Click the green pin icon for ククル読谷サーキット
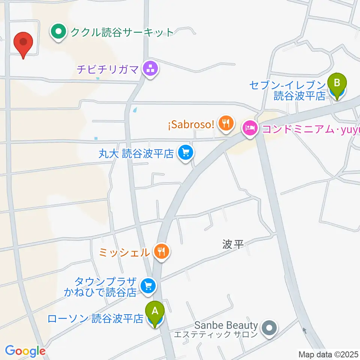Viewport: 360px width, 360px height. pos(58,32)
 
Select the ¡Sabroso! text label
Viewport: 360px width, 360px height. pos(190,124)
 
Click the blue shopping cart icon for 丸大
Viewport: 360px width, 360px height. pos(185,153)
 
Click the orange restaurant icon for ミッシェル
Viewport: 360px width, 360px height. pos(162,251)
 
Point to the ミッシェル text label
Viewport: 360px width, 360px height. pos(124,252)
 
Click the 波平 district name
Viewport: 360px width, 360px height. pos(233,245)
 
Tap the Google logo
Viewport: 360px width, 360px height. pos(25,351)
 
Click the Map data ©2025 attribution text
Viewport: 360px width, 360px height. pos(328,354)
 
